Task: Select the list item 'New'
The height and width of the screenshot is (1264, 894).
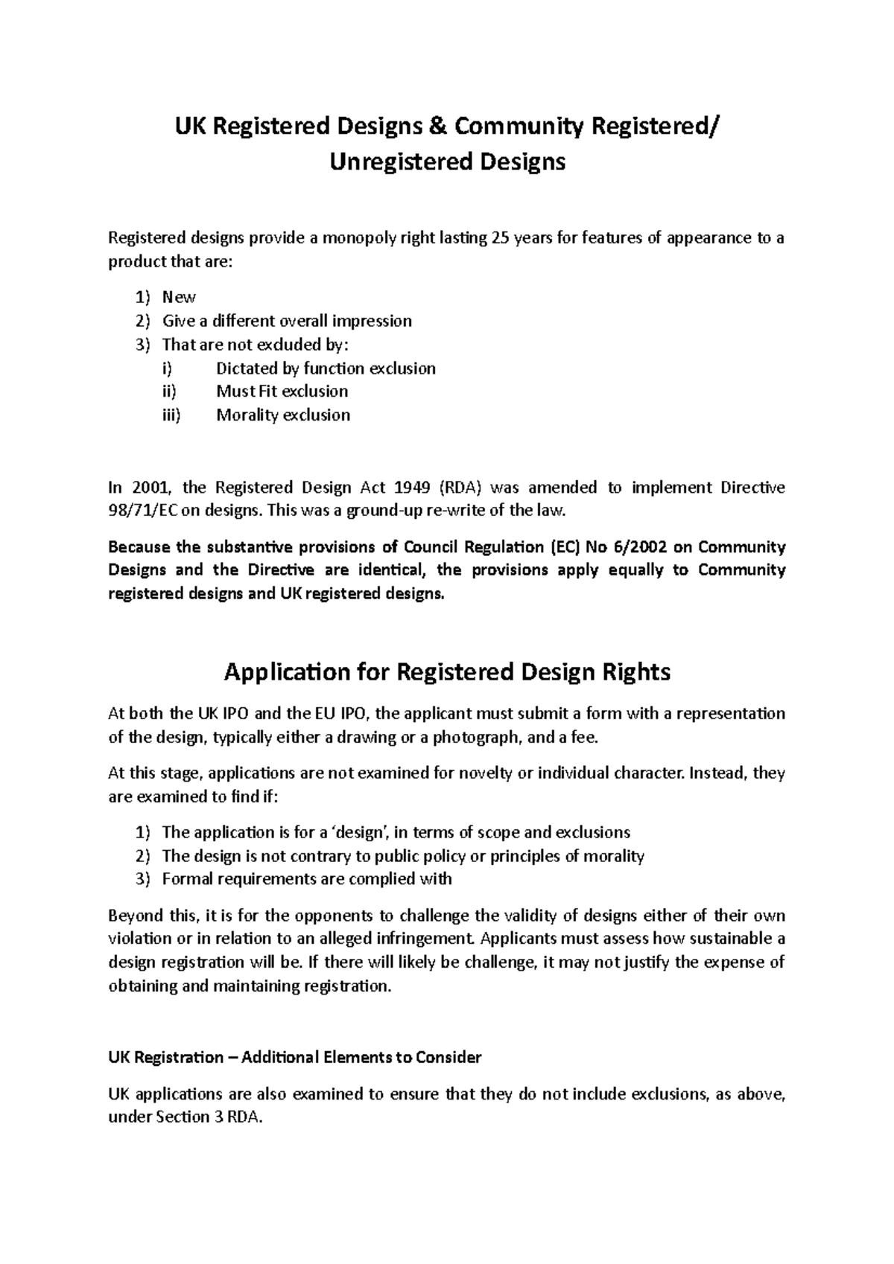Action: tap(179, 297)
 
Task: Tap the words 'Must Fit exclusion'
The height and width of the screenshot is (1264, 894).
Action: tap(282, 392)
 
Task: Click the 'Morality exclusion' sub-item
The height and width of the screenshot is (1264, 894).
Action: tap(283, 415)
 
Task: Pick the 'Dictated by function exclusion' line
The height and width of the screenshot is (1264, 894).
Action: tap(326, 368)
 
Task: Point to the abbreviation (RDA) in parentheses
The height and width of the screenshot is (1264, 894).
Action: tap(461, 488)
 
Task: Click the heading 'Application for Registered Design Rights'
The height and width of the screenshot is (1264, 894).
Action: tap(447, 672)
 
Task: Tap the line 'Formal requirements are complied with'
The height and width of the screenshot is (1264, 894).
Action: tap(306, 879)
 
